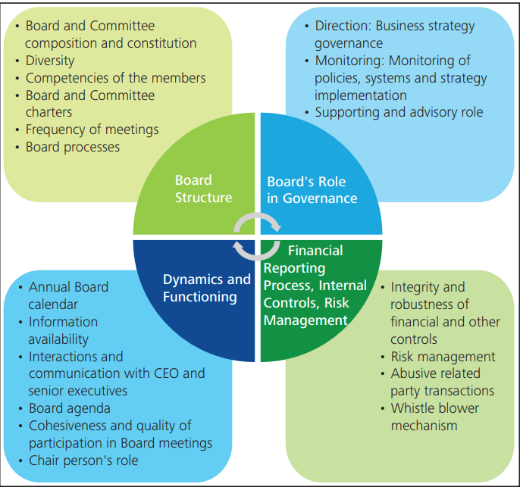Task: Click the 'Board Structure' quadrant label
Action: (x=203, y=189)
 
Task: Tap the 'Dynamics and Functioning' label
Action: (x=206, y=288)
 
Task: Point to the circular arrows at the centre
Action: (x=257, y=236)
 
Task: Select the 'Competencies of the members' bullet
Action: (x=115, y=78)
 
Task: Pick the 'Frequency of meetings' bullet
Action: (x=92, y=130)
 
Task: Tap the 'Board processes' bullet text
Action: (x=73, y=147)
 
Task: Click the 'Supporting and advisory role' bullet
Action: (x=399, y=112)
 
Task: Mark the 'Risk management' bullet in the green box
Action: (x=443, y=356)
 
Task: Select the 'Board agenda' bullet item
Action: (x=67, y=408)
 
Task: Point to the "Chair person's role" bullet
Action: (x=83, y=460)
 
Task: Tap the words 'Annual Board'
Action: (x=68, y=287)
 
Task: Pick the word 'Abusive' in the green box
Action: (x=415, y=373)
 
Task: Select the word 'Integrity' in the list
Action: (x=416, y=287)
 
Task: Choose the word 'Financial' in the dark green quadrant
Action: (x=315, y=251)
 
